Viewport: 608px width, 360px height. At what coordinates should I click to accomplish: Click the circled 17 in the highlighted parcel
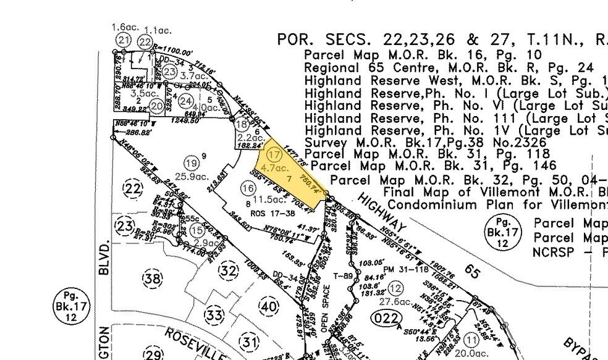(x=274, y=156)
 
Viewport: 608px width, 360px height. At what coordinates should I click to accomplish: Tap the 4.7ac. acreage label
(x=276, y=167)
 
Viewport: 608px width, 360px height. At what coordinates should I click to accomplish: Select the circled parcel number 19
(x=191, y=164)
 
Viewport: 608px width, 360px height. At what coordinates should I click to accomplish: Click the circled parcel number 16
(x=248, y=188)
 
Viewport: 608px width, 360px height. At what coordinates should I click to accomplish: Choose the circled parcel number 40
(x=268, y=306)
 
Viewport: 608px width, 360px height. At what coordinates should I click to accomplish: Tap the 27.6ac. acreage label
(x=395, y=302)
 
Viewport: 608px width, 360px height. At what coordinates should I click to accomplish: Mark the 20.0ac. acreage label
(x=472, y=354)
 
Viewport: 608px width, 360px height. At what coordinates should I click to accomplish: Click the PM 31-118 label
(x=405, y=269)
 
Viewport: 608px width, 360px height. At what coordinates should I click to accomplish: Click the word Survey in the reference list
(x=324, y=142)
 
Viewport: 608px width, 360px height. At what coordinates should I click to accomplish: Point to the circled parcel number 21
(x=124, y=40)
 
